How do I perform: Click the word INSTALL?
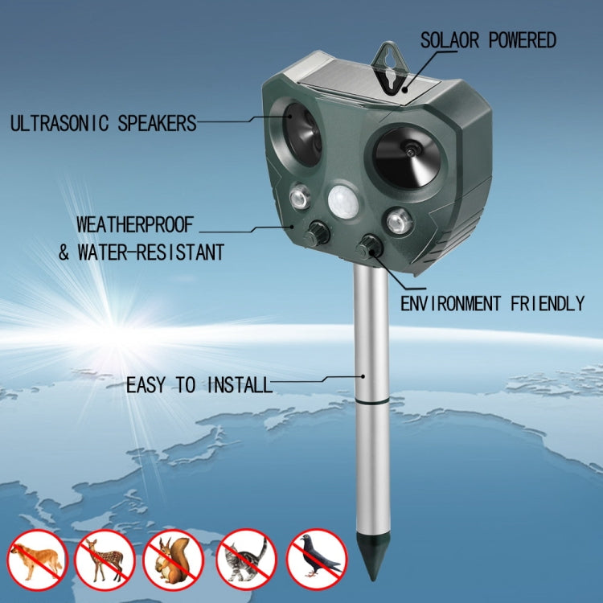(240, 385)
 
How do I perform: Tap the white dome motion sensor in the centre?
(343, 203)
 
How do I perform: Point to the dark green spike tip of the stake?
(372, 564)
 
